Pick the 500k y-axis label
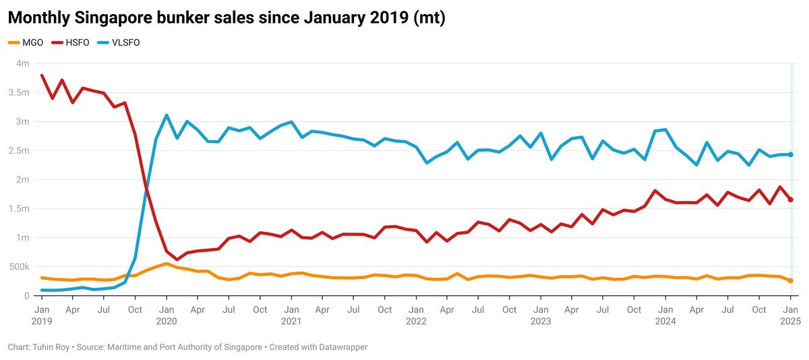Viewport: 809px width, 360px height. pyautogui.click(x=20, y=267)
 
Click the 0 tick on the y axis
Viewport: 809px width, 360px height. pyautogui.click(x=27, y=296)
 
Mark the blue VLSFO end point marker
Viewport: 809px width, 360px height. pyautogui.click(x=791, y=154)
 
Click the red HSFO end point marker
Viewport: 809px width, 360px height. pyautogui.click(x=791, y=200)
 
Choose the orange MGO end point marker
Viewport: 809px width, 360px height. pyautogui.click(x=791, y=280)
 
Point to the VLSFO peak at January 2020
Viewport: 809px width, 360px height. pyautogui.click(x=166, y=115)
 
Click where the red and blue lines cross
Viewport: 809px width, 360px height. pyautogui.click(x=145, y=191)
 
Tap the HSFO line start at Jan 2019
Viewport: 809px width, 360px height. pyautogui.click(x=42, y=76)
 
